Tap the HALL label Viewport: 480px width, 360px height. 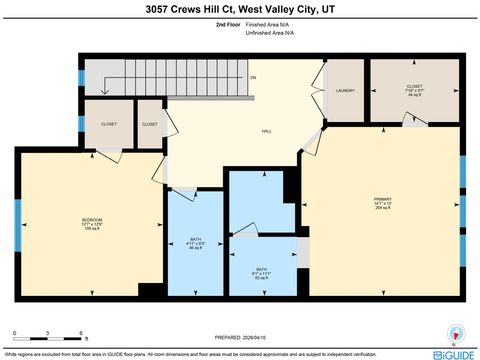click(240, 131)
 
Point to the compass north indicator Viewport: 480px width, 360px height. click(457, 333)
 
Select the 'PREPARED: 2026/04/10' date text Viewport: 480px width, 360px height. click(240, 337)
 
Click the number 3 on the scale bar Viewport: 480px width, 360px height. click(47, 331)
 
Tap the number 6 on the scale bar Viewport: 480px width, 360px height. click(79, 331)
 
